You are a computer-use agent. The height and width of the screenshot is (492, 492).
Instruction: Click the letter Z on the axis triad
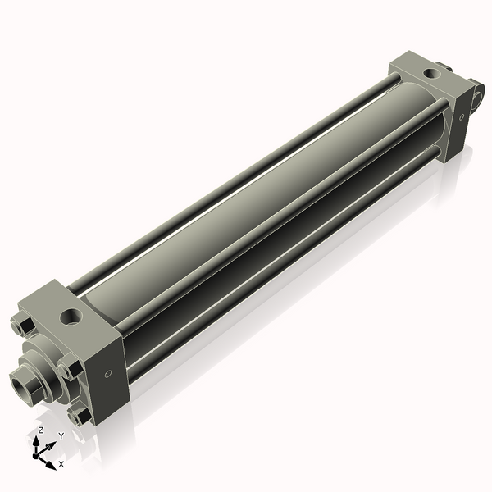coord(40,430)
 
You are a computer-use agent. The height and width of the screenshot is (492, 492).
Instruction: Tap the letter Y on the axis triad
coord(61,435)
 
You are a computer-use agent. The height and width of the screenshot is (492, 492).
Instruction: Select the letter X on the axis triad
coord(61,464)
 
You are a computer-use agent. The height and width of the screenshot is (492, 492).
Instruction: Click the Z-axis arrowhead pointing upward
coord(36,441)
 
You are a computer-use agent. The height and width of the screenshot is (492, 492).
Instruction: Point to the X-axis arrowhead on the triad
coord(51,465)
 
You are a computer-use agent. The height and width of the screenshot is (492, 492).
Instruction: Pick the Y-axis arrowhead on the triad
coord(52,445)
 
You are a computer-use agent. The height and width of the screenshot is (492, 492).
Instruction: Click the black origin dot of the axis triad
coord(35,456)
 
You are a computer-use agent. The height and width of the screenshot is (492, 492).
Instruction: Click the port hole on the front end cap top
coord(72,317)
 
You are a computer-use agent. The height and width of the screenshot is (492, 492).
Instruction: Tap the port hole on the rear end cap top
coord(432,74)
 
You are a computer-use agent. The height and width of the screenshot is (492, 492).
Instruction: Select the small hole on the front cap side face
coord(108,374)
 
